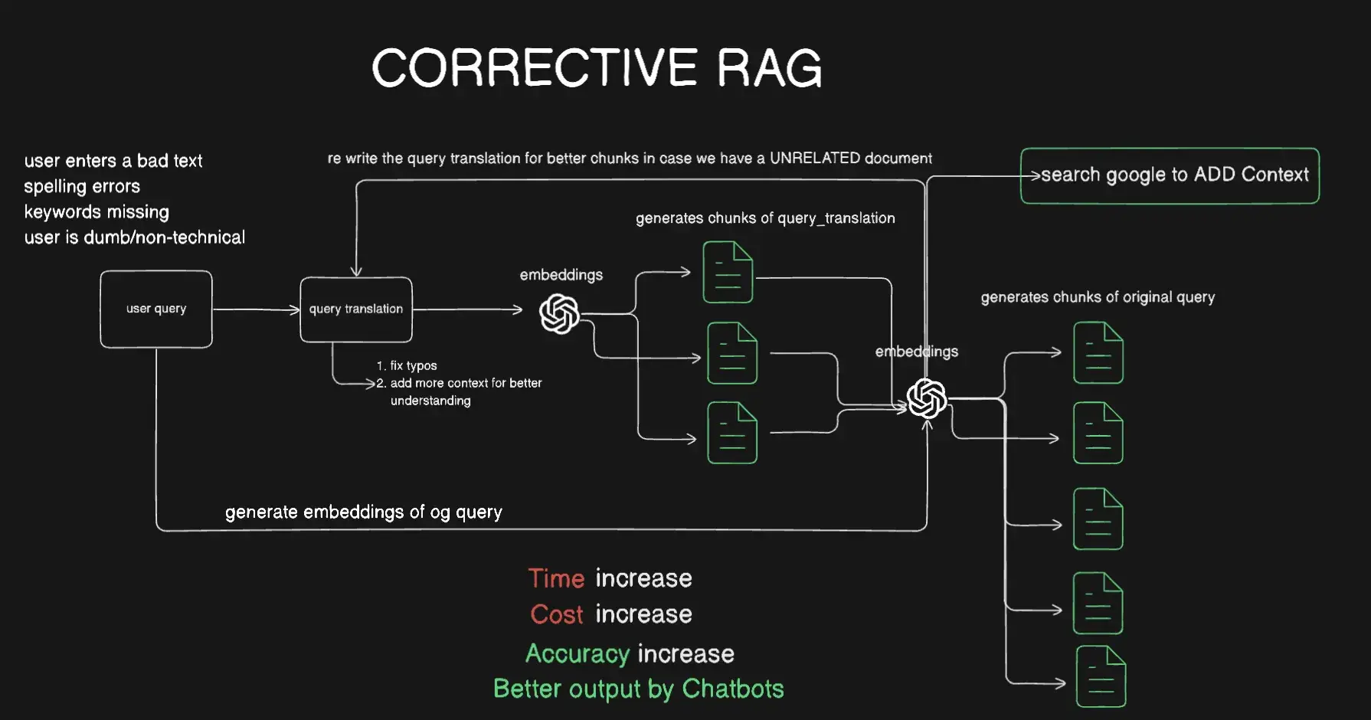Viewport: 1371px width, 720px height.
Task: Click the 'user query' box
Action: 156,309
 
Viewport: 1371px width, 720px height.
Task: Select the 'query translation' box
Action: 356,309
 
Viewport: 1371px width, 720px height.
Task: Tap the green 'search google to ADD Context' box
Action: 1170,175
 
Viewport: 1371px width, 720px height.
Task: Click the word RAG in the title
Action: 769,69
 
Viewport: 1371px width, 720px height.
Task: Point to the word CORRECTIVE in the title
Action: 535,69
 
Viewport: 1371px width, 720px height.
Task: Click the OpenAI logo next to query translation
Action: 559,313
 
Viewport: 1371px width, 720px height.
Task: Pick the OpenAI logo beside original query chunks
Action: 927,398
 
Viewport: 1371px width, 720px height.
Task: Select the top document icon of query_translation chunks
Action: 728,272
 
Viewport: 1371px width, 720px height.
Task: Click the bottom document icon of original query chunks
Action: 1101,676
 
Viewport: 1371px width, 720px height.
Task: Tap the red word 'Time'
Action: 556,578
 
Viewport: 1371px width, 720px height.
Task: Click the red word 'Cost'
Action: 557,614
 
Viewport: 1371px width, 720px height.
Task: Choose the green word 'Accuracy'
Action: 578,653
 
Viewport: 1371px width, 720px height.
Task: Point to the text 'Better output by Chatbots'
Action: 639,689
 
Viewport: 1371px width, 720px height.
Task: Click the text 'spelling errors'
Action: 82,186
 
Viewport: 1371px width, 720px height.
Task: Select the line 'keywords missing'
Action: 97,212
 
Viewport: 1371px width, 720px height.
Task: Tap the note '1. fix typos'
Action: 407,365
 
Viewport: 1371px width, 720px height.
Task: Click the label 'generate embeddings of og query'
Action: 364,512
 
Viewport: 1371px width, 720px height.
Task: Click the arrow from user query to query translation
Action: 256,309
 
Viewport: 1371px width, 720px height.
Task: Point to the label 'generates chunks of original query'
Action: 1098,297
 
